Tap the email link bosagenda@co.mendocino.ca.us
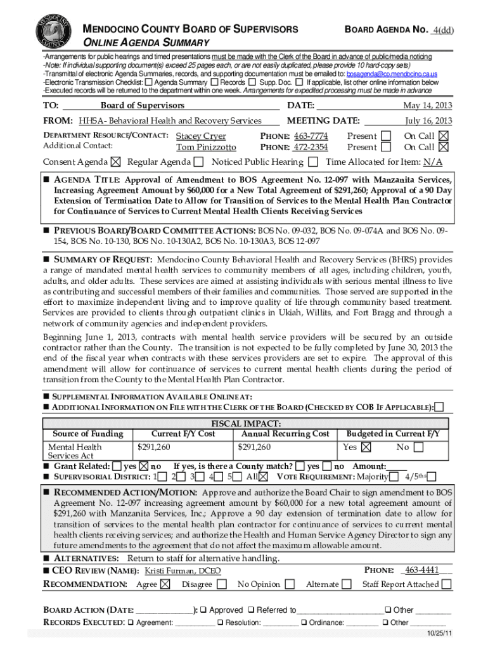(391, 75)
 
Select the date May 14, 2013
(428, 105)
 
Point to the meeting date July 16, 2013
(428, 120)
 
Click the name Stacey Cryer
(201, 136)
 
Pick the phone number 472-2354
(311, 147)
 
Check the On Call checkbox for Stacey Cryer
(444, 136)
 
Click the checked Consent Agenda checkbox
(115, 162)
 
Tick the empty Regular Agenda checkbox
(199, 162)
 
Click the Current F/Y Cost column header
(183, 434)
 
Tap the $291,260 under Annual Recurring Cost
(255, 447)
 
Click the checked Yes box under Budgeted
(366, 447)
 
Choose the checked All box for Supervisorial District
(264, 477)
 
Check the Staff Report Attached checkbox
(447, 584)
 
